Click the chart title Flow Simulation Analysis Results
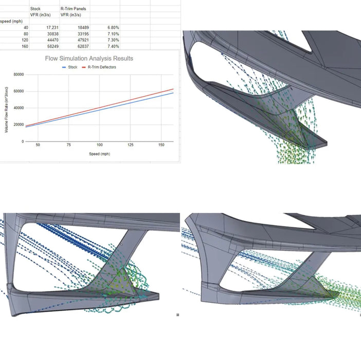point(89,59)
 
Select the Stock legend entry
point(70,67)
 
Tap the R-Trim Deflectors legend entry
point(99,67)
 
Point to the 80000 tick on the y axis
point(19,75)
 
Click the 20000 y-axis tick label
point(19,124)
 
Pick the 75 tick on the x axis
point(68,145)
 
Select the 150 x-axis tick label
point(161,145)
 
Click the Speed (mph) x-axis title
point(99,154)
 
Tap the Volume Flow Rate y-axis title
point(6,110)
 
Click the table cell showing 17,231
point(52,28)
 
